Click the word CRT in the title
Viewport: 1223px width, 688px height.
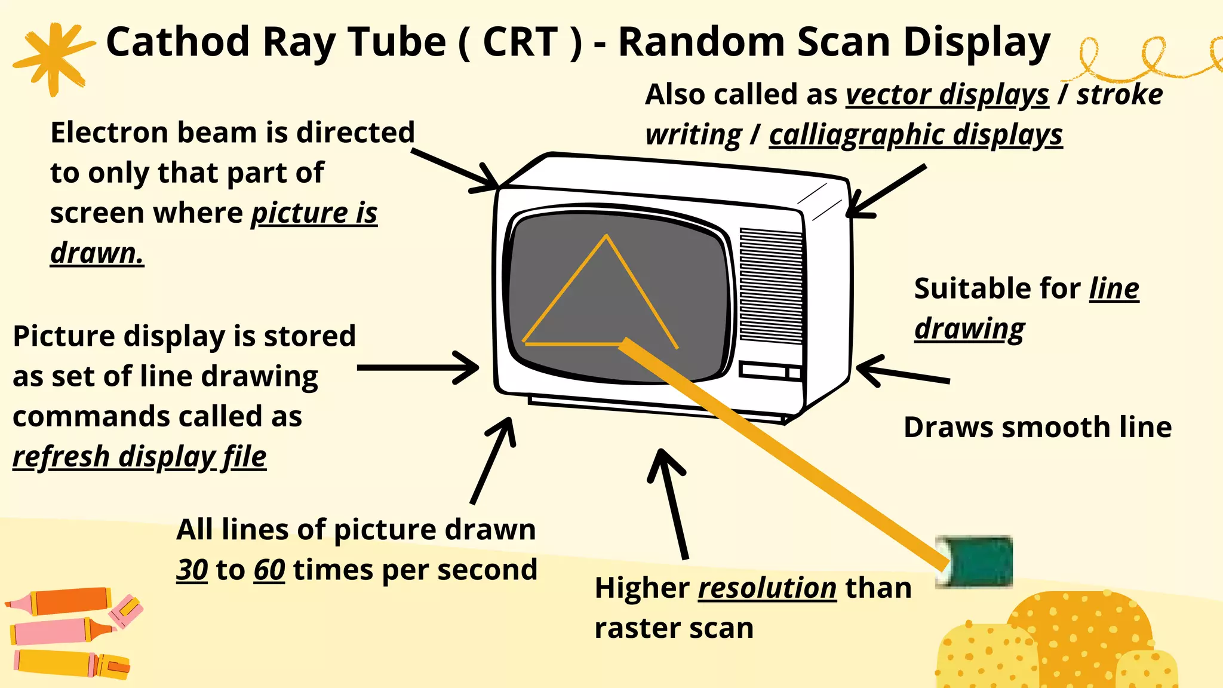[520, 42]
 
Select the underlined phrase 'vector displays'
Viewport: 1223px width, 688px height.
[947, 95]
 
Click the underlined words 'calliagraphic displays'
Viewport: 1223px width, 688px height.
[915, 135]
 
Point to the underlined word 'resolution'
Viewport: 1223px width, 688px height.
[767, 588]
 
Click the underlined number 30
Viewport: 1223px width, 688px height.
[192, 570]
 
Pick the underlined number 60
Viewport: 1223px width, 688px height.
[269, 570]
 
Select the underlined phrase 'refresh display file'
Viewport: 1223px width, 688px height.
[139, 457]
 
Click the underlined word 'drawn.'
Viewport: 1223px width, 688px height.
[97, 253]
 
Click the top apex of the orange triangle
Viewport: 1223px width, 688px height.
[606, 236]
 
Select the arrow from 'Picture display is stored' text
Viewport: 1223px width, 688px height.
[418, 367]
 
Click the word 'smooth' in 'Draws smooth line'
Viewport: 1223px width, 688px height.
[1038, 428]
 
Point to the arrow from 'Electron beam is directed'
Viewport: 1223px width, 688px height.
[456, 170]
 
